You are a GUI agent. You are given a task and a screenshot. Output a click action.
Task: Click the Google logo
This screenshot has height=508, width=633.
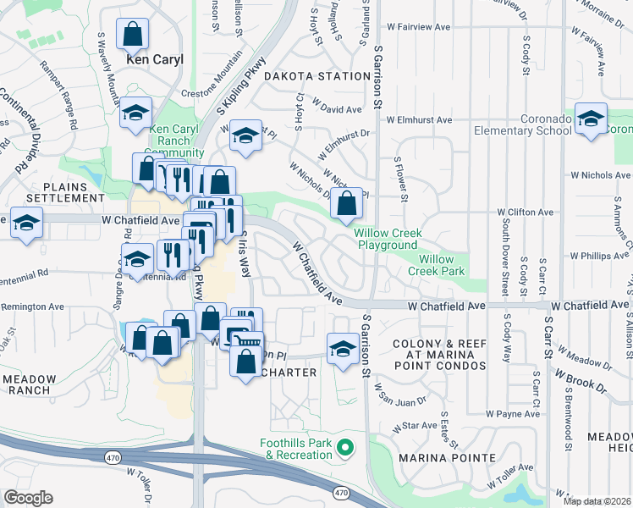27,498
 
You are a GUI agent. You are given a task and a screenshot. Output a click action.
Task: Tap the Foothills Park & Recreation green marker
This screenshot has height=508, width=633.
344,447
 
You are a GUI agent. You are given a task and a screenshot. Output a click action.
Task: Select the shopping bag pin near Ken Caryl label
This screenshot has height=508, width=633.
133,36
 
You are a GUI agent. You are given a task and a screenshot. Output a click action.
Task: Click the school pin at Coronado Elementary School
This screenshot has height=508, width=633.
591,119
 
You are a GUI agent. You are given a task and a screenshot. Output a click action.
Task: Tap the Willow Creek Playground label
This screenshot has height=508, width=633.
387,238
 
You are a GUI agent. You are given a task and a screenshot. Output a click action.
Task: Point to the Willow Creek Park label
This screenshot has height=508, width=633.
436,265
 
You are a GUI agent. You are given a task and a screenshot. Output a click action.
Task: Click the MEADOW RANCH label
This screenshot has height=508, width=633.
29,385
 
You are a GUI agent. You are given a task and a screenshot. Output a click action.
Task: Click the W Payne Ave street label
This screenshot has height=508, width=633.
513,415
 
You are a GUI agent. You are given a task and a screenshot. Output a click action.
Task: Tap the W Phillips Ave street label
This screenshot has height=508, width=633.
599,255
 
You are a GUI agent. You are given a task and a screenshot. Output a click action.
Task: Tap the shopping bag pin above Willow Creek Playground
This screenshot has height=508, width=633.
346,203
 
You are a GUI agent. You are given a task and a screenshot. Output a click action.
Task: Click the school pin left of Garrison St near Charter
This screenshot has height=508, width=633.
342,350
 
